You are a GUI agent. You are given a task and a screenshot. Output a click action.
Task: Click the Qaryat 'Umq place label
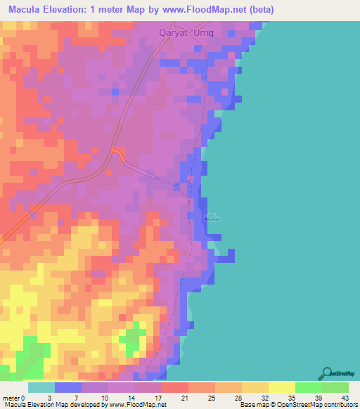[188, 31]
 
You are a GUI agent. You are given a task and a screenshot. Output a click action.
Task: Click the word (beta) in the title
[257, 10]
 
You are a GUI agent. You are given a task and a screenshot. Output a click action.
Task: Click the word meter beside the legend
[11, 398]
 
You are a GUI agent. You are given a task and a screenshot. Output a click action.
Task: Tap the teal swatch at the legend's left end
[41, 387]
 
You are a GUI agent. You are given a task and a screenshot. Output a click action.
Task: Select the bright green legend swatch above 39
[309, 387]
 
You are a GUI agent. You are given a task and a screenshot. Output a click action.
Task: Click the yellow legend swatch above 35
[282, 387]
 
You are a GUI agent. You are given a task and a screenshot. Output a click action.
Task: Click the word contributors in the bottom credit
[340, 405]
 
